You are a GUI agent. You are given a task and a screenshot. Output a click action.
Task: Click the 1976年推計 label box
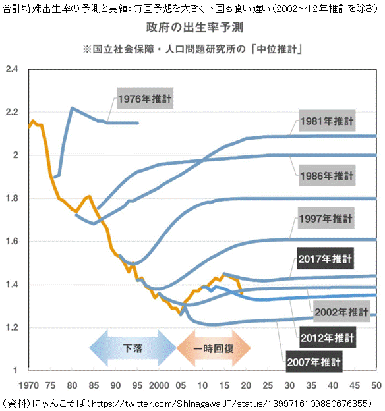pyautogui.click(x=145, y=98)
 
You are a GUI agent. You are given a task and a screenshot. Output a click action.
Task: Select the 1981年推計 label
pyautogui.click(x=327, y=121)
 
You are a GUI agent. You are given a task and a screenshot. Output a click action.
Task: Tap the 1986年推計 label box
pyautogui.click(x=327, y=175)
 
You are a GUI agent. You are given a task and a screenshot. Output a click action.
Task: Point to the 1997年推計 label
pyautogui.click(x=326, y=218)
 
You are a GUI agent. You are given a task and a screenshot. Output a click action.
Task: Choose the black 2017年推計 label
pyautogui.click(x=326, y=258)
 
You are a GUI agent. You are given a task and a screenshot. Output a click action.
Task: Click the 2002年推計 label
pyautogui.click(x=341, y=312)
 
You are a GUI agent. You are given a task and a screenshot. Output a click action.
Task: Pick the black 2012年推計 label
pyautogui.click(x=328, y=337)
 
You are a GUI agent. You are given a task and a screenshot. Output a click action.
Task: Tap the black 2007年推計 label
pyautogui.click(x=314, y=362)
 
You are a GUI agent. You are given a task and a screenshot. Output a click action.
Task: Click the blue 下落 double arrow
pyautogui.click(x=133, y=348)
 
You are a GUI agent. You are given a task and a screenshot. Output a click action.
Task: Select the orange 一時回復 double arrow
pyautogui.click(x=214, y=348)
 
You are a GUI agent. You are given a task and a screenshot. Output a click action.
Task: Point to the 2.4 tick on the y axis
pyautogui.click(x=13, y=69)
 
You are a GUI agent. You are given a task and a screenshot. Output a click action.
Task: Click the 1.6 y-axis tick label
pyautogui.click(x=13, y=241)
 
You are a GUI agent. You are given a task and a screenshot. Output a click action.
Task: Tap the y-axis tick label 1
pyautogui.click(x=15, y=370)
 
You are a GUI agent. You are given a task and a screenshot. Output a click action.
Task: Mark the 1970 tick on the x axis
pyautogui.click(x=29, y=385)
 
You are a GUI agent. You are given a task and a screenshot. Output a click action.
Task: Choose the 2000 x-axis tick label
pyautogui.click(x=159, y=385)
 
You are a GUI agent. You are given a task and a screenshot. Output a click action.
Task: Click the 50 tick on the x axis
pyautogui.click(x=376, y=385)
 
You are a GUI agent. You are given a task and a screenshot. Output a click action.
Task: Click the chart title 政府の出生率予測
pyautogui.click(x=194, y=27)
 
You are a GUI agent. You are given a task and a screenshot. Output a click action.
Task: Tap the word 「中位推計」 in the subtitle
pyautogui.click(x=277, y=49)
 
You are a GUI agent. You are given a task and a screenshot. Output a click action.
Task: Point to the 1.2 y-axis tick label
pyautogui.click(x=13, y=327)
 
